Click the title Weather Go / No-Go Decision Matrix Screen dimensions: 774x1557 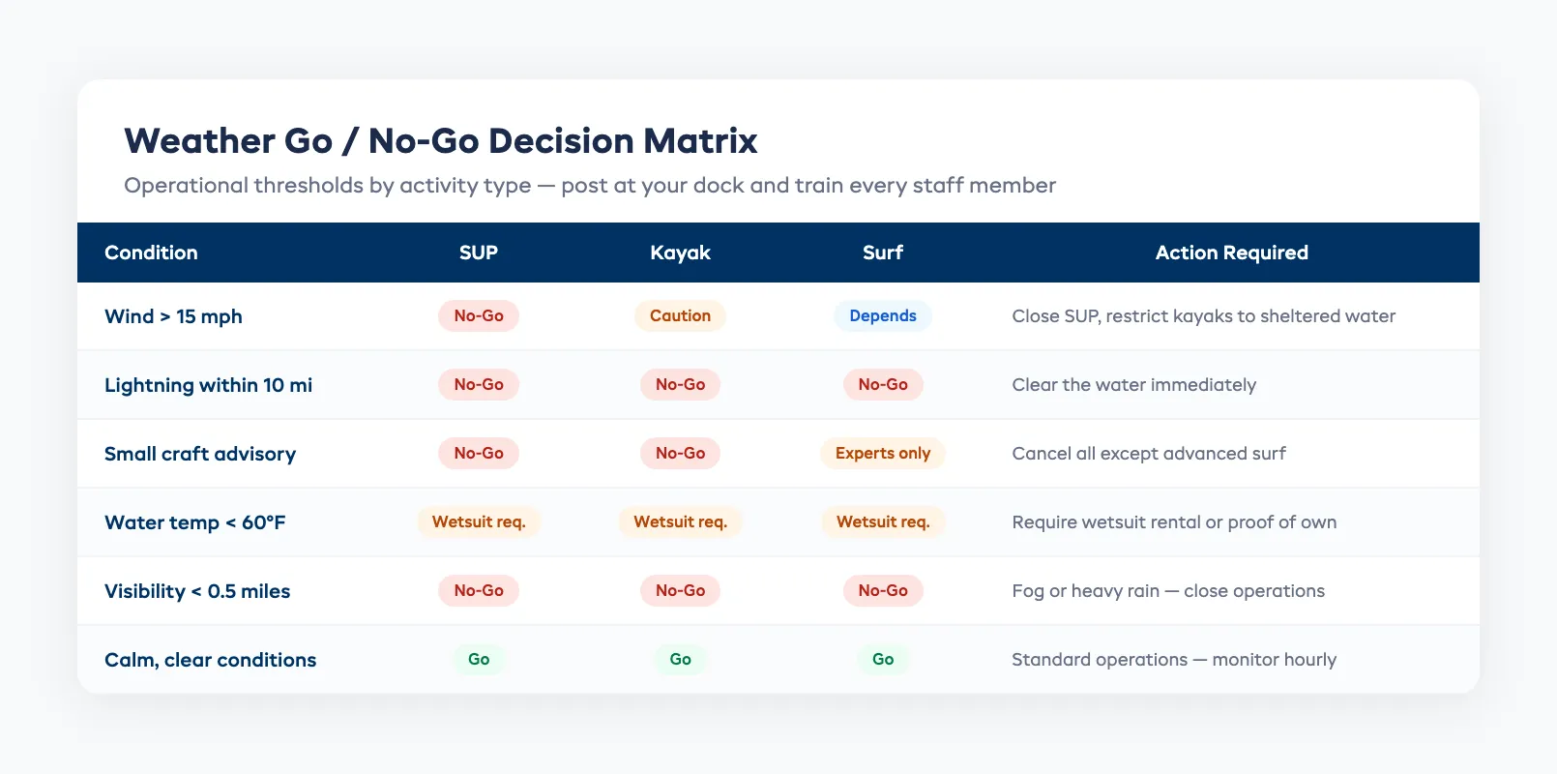click(440, 141)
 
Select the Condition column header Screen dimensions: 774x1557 click(151, 253)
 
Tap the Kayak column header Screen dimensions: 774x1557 click(680, 253)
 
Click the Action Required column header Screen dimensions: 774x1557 click(1231, 253)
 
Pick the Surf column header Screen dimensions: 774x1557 click(882, 253)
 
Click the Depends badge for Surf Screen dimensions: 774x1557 click(882, 316)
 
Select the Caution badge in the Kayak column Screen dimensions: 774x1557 click(680, 316)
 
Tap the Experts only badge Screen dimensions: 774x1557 click(882, 454)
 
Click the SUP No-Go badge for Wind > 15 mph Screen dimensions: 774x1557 click(479, 316)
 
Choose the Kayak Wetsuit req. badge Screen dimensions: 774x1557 click(680, 522)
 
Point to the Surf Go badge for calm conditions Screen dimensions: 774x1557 click(882, 660)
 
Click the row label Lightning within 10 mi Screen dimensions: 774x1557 click(208, 385)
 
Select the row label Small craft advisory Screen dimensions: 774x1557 click(200, 454)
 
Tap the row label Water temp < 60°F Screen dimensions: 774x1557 click(194, 522)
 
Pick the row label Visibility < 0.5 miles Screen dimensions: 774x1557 click(197, 591)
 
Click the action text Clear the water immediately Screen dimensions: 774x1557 click(1133, 385)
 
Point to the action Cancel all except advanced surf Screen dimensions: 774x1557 click(1148, 454)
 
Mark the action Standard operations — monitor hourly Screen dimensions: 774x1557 click(1173, 660)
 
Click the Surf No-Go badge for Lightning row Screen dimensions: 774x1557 click(882, 385)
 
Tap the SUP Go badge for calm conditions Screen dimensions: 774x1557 click(479, 660)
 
